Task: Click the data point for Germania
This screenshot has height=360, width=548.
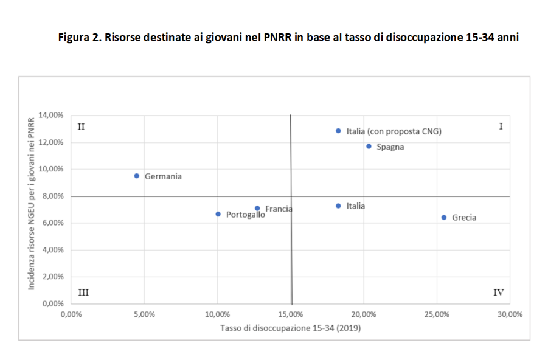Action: (x=137, y=176)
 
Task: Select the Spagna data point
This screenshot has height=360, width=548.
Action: (x=369, y=146)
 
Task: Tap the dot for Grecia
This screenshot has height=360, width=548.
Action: (x=444, y=217)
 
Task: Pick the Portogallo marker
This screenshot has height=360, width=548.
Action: (x=218, y=214)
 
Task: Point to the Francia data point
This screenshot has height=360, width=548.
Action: (x=257, y=208)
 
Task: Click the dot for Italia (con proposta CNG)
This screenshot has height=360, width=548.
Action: (x=338, y=131)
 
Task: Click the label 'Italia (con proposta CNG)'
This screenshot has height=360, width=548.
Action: (x=394, y=131)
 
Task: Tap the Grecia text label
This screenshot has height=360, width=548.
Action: (x=464, y=218)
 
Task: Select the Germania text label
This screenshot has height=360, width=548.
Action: (x=163, y=176)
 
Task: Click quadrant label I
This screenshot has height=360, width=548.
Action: (x=501, y=126)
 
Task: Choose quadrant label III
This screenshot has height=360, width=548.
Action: (x=83, y=292)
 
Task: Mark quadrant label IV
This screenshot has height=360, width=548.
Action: (x=498, y=292)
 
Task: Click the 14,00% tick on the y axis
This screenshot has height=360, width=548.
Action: (x=51, y=115)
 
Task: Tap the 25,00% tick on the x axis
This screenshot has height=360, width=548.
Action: (x=437, y=314)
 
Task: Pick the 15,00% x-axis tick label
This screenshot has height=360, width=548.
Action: (x=291, y=314)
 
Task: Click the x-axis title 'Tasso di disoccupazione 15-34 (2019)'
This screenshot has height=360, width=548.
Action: (x=291, y=329)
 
